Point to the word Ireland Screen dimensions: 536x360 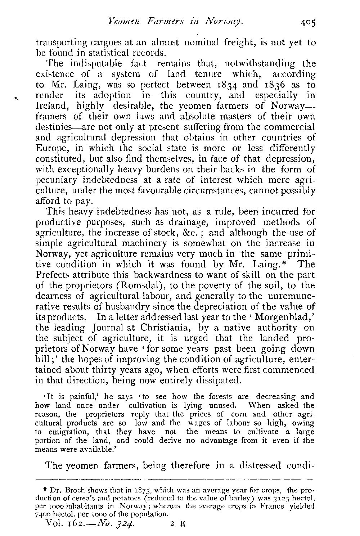point(49,106)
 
